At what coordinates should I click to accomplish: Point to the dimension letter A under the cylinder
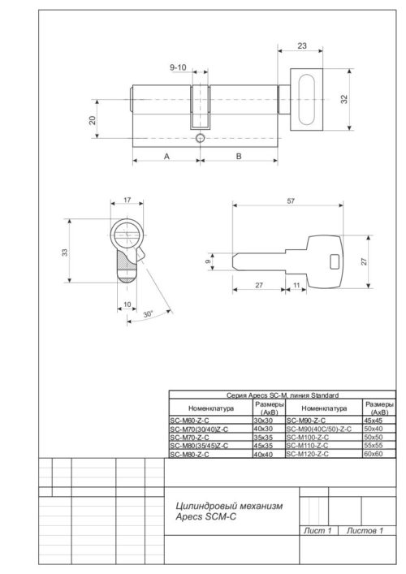pos(166,155)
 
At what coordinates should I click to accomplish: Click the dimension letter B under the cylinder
pos(239,155)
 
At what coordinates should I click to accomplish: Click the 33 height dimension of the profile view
pos(66,253)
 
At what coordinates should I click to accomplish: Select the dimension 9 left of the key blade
pos(209,262)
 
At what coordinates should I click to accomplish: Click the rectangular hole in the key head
pos(333,262)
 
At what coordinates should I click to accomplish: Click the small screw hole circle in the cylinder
pos(199,139)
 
